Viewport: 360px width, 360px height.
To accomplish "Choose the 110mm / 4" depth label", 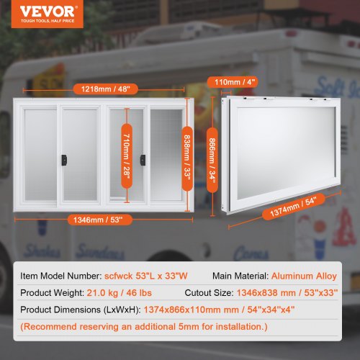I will (238, 81).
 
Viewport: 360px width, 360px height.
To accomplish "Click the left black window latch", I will (64, 156).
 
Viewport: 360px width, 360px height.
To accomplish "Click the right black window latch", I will (142, 156).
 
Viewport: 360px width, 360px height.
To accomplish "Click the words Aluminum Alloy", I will (305, 274).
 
